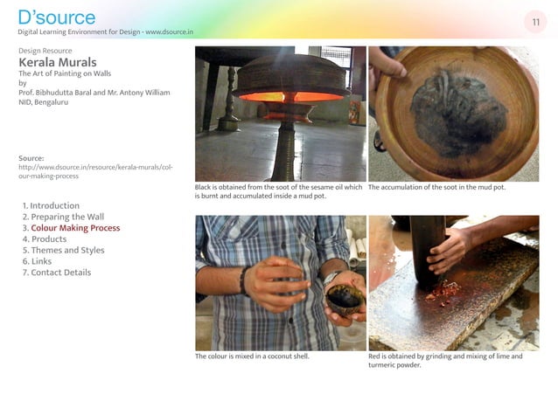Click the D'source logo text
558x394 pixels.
(57, 17)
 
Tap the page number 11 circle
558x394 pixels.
(535, 22)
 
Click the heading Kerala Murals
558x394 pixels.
(58, 62)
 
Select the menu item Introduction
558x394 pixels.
(51, 205)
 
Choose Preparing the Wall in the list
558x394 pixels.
(63, 217)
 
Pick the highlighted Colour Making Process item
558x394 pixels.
(71, 228)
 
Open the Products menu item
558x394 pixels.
(45, 239)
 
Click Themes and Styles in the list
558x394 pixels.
(63, 250)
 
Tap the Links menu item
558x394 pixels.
(37, 261)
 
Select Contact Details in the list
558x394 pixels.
(57, 273)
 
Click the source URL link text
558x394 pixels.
(95, 171)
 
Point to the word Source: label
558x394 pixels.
(31, 158)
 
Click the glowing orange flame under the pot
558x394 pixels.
(292, 97)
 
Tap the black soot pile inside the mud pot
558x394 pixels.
(458, 112)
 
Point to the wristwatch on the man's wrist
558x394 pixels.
(331, 277)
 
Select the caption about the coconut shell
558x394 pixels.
(252, 356)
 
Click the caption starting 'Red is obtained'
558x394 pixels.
(445, 361)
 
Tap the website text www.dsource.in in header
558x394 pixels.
(170, 32)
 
